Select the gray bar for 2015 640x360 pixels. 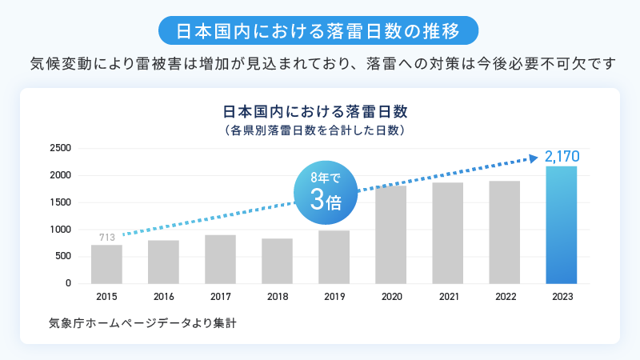click(106, 264)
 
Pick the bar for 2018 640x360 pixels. click(277, 261)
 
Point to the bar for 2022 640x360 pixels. click(504, 232)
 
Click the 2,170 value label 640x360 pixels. click(561, 156)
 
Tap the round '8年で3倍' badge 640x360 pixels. click(326, 192)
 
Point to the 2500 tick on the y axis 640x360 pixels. click(62, 148)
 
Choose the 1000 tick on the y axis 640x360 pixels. click(62, 230)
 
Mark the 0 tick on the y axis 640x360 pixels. click(68, 283)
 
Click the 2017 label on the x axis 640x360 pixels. click(220, 297)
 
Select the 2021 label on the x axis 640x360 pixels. click(447, 297)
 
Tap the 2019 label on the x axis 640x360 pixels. click(334, 297)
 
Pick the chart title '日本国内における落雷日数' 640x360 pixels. click(319, 110)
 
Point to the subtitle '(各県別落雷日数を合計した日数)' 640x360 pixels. click(319, 128)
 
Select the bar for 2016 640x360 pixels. click(163, 262)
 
